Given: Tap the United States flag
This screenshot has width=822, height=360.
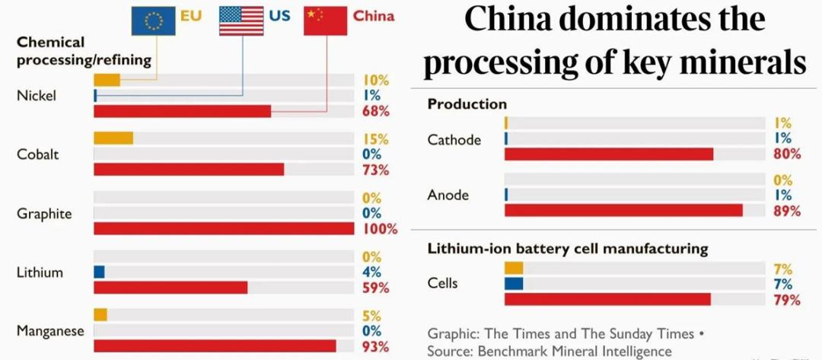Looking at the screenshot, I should click(x=241, y=20).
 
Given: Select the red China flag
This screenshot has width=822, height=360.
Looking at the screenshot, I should click(x=325, y=20).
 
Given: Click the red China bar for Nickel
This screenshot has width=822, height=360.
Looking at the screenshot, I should click(x=182, y=111).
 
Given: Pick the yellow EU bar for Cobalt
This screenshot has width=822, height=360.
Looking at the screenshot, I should click(x=113, y=139).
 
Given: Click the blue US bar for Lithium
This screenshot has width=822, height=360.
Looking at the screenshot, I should click(x=99, y=272).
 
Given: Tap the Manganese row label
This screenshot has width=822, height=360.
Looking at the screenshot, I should click(x=50, y=331).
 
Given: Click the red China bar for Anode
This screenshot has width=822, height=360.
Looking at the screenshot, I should click(x=623, y=211).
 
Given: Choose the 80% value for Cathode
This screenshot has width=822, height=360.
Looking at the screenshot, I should click(x=787, y=154).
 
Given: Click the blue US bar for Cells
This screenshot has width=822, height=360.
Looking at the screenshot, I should click(x=514, y=284).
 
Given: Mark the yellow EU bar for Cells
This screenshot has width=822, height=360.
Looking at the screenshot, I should click(x=514, y=268).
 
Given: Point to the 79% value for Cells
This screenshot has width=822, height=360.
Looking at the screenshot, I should click(x=787, y=300).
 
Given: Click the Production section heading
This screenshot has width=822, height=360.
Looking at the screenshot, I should click(x=467, y=104).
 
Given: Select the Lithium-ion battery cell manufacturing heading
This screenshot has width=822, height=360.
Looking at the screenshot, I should click(x=567, y=249).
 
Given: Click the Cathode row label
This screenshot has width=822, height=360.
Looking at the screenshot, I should click(x=454, y=139).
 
